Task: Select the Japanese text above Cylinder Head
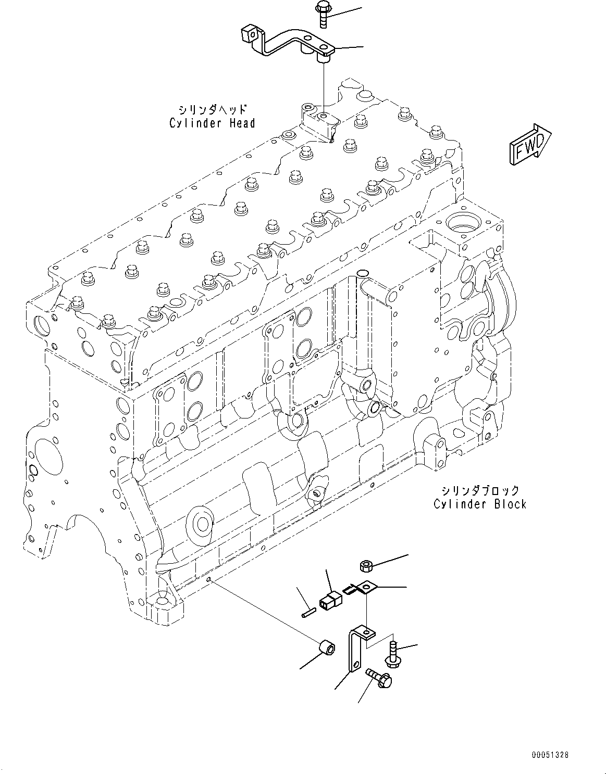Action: pyautogui.click(x=212, y=110)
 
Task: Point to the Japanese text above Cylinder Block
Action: pyautogui.click(x=480, y=490)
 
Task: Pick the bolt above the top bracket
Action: pyautogui.click(x=321, y=15)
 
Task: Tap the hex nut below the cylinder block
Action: pyautogui.click(x=366, y=565)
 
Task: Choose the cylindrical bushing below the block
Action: pyautogui.click(x=327, y=650)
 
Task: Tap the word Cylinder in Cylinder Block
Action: pyautogui.click(x=456, y=504)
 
